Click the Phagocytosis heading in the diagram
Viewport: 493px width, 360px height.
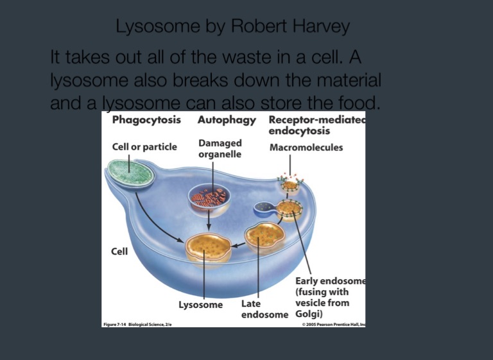146,120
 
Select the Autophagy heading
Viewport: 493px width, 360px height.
227,120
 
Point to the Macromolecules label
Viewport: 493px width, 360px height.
306,148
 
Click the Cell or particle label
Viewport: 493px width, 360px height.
144,148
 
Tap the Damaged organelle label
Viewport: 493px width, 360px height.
220,148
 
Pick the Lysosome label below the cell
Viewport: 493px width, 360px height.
200,305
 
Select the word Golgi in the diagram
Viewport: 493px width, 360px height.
307,314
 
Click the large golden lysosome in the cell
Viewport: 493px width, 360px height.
208,248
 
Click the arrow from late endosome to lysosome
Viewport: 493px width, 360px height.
239,245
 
